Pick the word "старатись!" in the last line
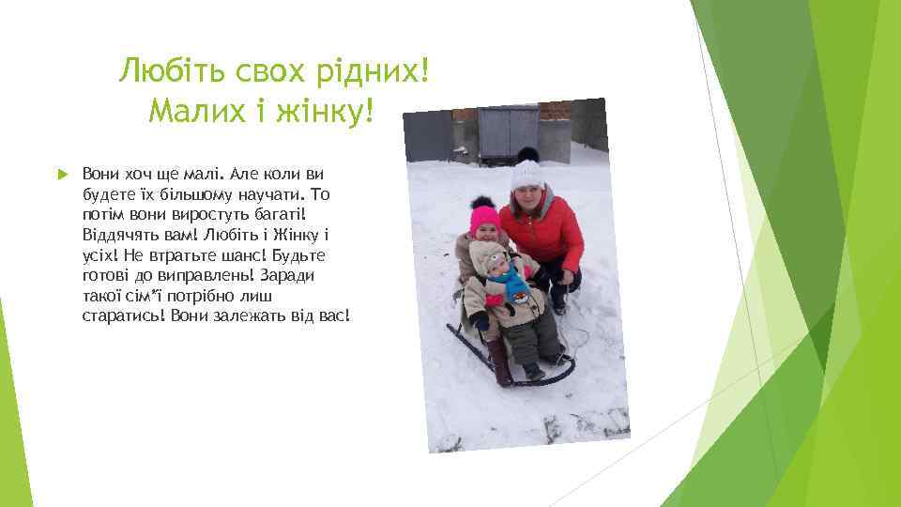tap(122, 315)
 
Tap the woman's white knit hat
tap(527, 174)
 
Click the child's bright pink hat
tap(484, 219)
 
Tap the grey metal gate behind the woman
tap(507, 132)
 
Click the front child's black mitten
tap(481, 321)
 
